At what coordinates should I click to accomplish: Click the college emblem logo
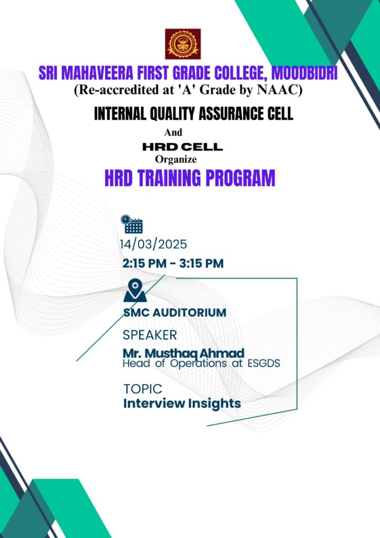pos(183,44)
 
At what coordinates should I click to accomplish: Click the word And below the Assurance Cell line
pos(173,132)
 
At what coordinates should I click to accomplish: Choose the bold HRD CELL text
pos(182,147)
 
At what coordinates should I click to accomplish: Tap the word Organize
pos(176,159)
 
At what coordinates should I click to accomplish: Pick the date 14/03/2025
pos(153,244)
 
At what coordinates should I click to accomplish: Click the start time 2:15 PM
pos(145,264)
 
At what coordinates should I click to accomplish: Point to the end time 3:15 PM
pos(201,264)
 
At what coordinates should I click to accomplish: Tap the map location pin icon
pos(135,290)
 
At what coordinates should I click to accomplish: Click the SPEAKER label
pos(150,335)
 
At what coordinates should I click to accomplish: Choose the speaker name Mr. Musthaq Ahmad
pos(183,353)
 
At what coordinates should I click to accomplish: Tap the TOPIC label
pos(143,389)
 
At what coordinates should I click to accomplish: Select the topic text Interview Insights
pos(182,403)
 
